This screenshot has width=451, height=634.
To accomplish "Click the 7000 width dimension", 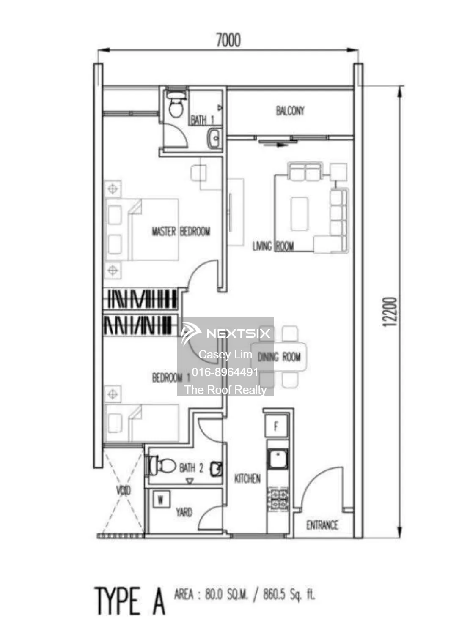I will click(x=228, y=40).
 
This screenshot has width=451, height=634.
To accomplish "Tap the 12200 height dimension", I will click(x=390, y=312).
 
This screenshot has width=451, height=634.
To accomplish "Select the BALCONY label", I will click(x=290, y=111).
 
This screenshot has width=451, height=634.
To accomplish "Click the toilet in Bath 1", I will click(x=176, y=106).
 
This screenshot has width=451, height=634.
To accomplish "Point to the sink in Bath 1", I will click(x=214, y=138).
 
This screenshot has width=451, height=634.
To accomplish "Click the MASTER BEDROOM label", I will click(x=181, y=231).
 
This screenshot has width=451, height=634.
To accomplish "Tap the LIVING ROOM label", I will click(x=273, y=246).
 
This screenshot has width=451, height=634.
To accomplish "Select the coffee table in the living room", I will click(x=300, y=213).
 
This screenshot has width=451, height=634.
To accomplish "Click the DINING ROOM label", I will click(x=279, y=357).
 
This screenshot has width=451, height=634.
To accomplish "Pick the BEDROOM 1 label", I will click(x=171, y=377).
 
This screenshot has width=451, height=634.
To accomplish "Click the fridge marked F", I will click(x=276, y=426).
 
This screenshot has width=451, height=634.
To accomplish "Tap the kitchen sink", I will click(x=278, y=459).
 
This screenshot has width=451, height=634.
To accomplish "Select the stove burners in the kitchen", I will click(x=278, y=499).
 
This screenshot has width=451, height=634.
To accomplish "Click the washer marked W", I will click(x=161, y=500).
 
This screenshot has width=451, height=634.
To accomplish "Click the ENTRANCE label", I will click(x=322, y=525).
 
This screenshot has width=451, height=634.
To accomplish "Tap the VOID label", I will click(x=124, y=490).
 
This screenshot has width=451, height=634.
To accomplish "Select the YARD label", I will click(x=184, y=512).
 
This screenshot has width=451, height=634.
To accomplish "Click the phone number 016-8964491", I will click(x=225, y=372).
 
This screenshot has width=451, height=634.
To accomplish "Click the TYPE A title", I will click(x=129, y=601).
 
